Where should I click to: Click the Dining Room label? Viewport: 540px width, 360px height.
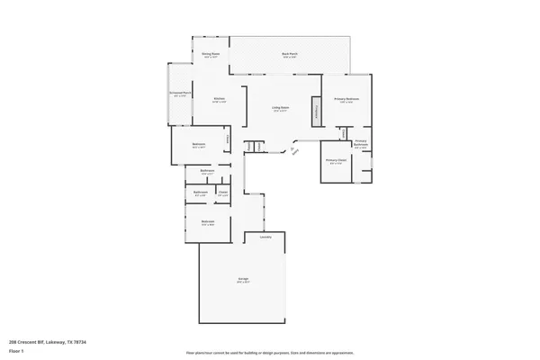[x=210, y=54]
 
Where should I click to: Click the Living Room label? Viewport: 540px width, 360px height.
[x=281, y=108]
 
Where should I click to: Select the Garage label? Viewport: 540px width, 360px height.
[x=243, y=280]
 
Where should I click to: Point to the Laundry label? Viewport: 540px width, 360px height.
[x=265, y=238]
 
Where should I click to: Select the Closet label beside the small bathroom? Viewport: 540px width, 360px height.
[x=222, y=192]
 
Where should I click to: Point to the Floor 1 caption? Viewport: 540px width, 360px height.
[x=16, y=351]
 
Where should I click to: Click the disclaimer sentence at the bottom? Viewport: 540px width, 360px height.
[x=269, y=352]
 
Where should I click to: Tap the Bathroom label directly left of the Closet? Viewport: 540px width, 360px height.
[x=200, y=192]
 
